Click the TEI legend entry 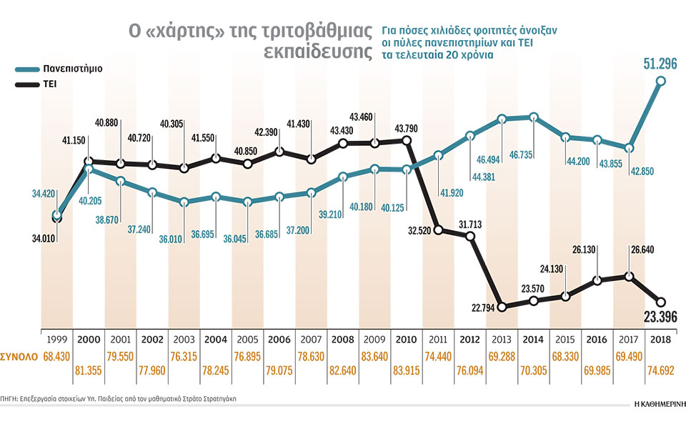coord(44,84)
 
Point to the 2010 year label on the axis coord(405,341)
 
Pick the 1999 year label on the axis coord(56,341)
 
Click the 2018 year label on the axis coord(660,341)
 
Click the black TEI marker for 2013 coord(502,307)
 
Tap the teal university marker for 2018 coord(661,81)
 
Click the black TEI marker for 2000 coord(89,162)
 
